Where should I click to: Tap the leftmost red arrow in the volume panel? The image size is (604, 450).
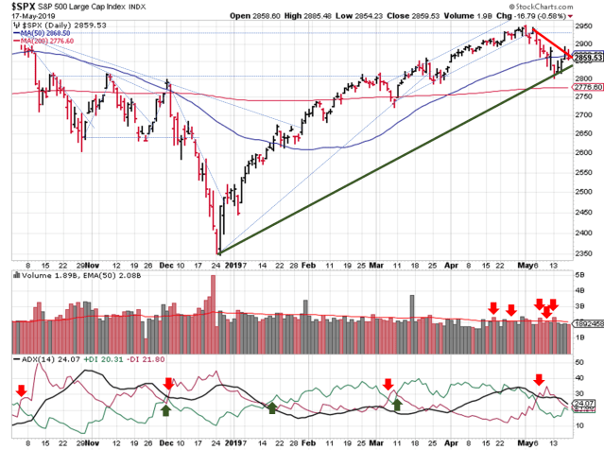click(x=492, y=307)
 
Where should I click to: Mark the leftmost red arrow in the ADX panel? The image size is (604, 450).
click(x=21, y=389)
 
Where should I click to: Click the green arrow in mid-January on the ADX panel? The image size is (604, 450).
click(x=272, y=407)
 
